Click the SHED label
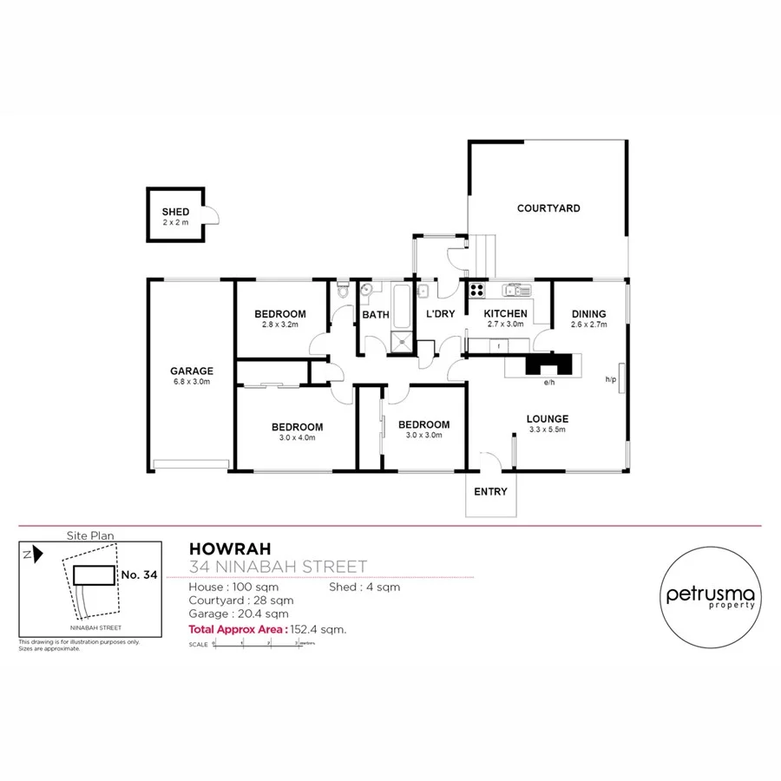175,213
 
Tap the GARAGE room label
192,371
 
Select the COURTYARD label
548,208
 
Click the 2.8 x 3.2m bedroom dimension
279,325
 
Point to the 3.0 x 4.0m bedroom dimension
297,438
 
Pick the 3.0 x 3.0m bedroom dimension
423,436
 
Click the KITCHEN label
505,314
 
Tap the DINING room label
588,314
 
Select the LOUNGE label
548,419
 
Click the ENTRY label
490,492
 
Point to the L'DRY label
440,314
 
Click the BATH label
376,315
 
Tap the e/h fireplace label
548,383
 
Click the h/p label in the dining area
609,379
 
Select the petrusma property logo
711,597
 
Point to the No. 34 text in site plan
139,574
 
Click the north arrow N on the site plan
29,553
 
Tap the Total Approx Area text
267,629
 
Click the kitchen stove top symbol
476,291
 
